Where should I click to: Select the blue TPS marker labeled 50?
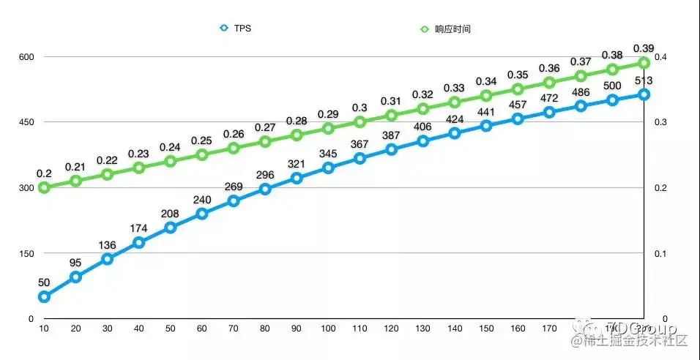[x=44, y=296]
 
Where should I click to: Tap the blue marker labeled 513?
[x=644, y=94]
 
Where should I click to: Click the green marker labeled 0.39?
[x=644, y=63]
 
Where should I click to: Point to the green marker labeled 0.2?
[x=44, y=187]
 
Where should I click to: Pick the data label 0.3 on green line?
[x=360, y=108]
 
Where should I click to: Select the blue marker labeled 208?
[x=171, y=227]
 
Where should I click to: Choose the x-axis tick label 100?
[x=328, y=331]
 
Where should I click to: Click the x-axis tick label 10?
[x=44, y=331]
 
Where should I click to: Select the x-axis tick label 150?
[x=485, y=331]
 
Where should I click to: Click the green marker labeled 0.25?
[x=202, y=154]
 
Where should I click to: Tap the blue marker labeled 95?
[x=75, y=277]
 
